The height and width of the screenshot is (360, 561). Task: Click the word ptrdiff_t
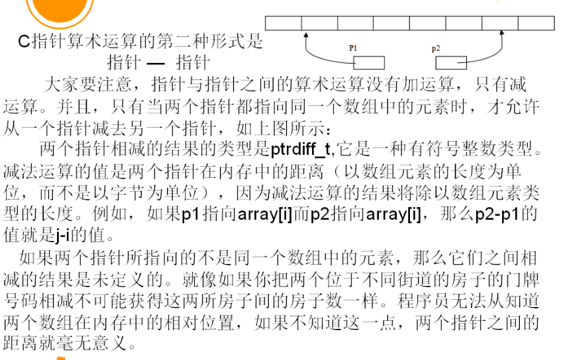tap(299, 150)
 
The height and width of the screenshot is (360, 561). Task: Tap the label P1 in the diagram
tap(353, 48)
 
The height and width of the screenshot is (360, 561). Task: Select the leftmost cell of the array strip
tap(283, 23)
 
